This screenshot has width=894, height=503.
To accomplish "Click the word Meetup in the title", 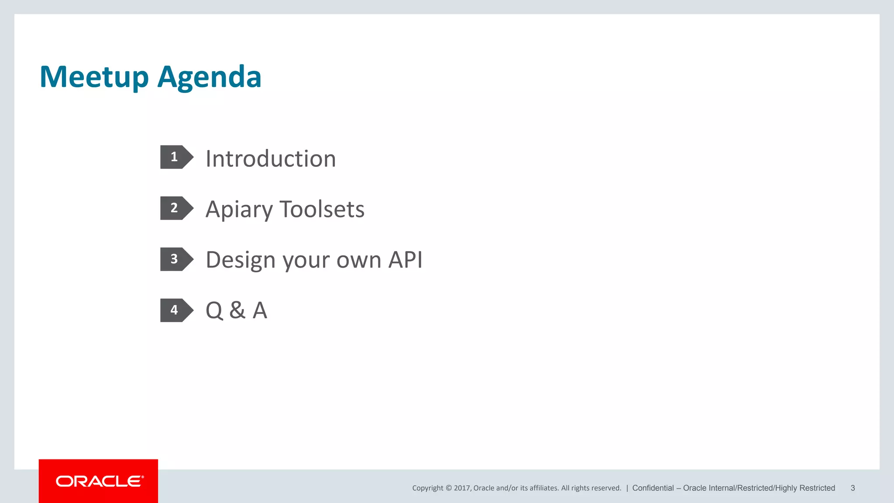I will click(x=94, y=77).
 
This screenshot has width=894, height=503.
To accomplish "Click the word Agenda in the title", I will click(x=209, y=77).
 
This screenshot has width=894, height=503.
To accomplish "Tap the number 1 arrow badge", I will click(x=176, y=157).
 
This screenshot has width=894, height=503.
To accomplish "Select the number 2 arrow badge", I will click(x=176, y=208).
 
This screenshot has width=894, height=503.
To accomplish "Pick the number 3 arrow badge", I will click(x=176, y=259).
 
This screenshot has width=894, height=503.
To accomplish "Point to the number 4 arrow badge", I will click(x=176, y=310).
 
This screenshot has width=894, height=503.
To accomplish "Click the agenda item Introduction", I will click(x=271, y=158).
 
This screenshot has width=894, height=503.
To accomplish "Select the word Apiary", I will click(x=239, y=210).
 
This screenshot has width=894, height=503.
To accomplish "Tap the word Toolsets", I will click(x=322, y=209).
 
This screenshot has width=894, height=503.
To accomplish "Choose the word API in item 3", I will click(x=406, y=260).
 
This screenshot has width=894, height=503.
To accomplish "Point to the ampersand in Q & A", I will click(x=237, y=310).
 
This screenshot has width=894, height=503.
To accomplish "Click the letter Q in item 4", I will click(x=214, y=311).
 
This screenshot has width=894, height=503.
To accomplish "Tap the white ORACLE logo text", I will click(x=100, y=481).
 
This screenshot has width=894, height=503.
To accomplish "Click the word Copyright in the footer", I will click(x=427, y=488).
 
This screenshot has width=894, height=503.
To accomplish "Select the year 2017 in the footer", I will click(x=462, y=488).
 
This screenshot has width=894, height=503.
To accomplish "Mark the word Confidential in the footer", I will click(x=653, y=488).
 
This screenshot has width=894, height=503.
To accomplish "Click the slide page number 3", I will click(x=853, y=488).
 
